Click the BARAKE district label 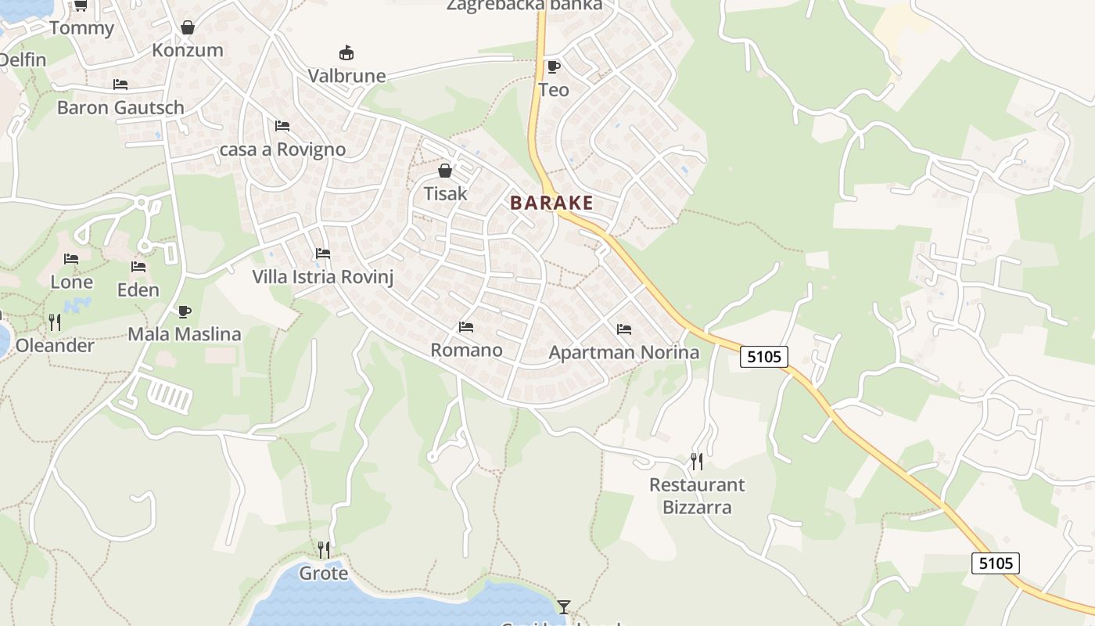tap(551, 203)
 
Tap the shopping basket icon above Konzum tap(188, 28)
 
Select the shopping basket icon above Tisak tap(445, 171)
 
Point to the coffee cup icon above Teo tap(554, 67)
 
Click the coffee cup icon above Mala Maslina tap(185, 311)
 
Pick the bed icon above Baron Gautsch tap(120, 85)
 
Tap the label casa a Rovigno tap(282, 149)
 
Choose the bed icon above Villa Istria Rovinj tap(322, 254)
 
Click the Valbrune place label tap(346, 76)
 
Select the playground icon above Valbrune tap(346, 53)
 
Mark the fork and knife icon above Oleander tap(55, 322)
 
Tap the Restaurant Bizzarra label tap(697, 496)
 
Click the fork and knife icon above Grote tap(324, 550)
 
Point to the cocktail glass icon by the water tap(563, 606)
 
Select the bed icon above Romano tap(466, 327)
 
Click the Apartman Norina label tap(623, 352)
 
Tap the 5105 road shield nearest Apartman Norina tap(763, 357)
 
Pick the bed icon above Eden tap(138, 267)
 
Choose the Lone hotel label tap(72, 282)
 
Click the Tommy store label tap(81, 28)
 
